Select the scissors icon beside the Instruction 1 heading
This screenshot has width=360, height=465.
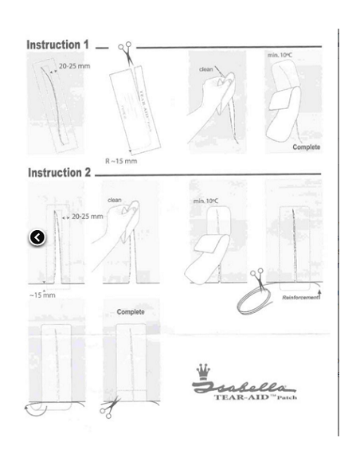pos(126,49)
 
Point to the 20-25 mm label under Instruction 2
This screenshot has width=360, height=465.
pos(84,216)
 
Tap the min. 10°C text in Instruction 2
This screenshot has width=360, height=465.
pos(205,204)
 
